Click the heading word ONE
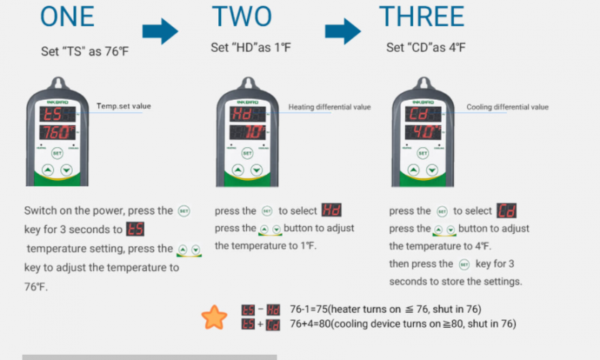pos(67,16)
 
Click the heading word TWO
pos(241,16)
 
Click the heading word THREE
pos(421,16)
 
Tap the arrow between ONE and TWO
pos(159,31)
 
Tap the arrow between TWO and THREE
pos(342,31)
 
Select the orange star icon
pos(214,317)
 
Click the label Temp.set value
pos(123,106)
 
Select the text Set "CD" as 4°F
pos(425,48)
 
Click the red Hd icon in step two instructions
pos(331,211)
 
